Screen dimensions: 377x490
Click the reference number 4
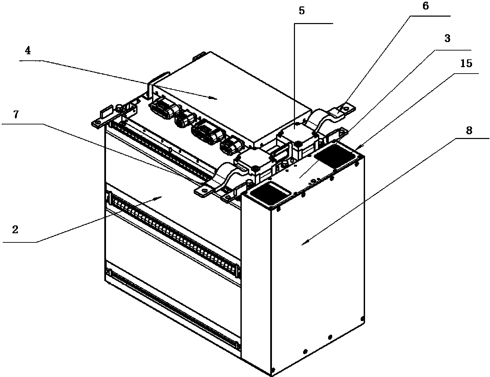pos(28,51)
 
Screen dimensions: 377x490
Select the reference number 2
pos(15,230)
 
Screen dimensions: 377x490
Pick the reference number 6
pos(425,6)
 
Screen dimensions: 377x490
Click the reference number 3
pos(447,38)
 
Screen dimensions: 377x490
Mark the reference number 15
pos(466,63)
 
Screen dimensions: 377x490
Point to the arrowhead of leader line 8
pos(305,242)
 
